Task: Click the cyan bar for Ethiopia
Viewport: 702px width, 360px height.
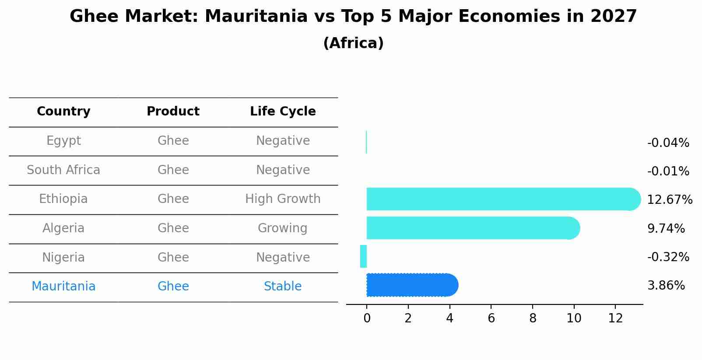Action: tap(504, 199)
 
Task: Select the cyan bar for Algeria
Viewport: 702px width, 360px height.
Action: tap(473, 228)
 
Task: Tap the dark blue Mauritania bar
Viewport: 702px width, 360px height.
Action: tap(412, 285)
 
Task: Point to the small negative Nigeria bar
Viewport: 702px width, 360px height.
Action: tap(363, 256)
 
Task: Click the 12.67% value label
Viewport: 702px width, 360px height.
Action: tap(670, 199)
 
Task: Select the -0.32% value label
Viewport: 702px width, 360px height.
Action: tap(668, 257)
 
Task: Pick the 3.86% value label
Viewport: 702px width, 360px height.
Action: tap(666, 286)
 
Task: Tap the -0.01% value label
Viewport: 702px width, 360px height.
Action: tap(668, 171)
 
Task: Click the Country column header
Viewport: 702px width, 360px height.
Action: tap(63, 112)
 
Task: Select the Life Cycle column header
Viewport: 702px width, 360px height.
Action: tap(283, 112)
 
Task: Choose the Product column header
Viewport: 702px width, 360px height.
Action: tap(173, 111)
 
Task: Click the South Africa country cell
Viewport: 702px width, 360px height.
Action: tap(63, 170)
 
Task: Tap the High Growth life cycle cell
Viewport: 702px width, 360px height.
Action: tap(283, 199)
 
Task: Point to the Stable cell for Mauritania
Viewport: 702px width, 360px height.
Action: tap(283, 286)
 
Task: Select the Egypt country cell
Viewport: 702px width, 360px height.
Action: tap(63, 141)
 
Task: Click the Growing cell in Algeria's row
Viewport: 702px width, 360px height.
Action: tap(283, 228)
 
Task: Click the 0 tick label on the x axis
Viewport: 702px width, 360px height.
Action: tap(367, 318)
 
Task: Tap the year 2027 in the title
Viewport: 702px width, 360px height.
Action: tap(614, 16)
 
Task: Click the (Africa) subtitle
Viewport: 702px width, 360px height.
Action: tap(353, 43)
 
